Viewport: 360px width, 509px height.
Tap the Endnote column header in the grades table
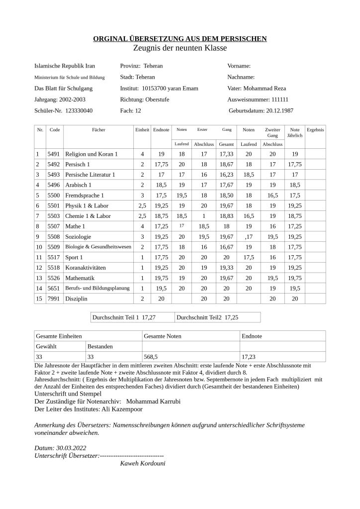pyautogui.click(x=161, y=130)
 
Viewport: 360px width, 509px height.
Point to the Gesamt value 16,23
pyautogui.click(x=226, y=175)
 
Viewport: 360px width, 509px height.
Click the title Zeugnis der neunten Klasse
pyautogui.click(x=180, y=48)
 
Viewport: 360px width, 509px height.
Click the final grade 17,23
pyautogui.click(x=249, y=357)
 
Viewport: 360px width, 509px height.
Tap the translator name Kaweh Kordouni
pyautogui.click(x=143, y=463)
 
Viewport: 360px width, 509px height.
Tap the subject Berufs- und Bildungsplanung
pyautogui.click(x=97, y=288)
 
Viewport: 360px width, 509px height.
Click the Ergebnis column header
pyautogui.click(x=315, y=130)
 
